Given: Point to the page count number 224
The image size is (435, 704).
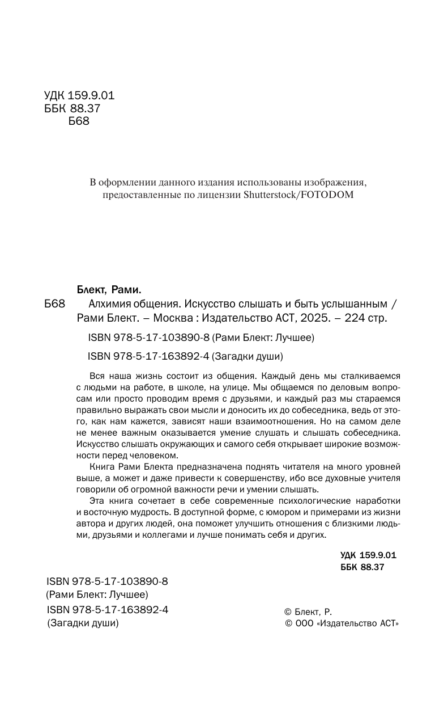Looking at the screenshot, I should coord(355,318).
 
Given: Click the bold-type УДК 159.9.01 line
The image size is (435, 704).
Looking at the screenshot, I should coord(368,555).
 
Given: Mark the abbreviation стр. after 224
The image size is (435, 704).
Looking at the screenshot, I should coord(378,318).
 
